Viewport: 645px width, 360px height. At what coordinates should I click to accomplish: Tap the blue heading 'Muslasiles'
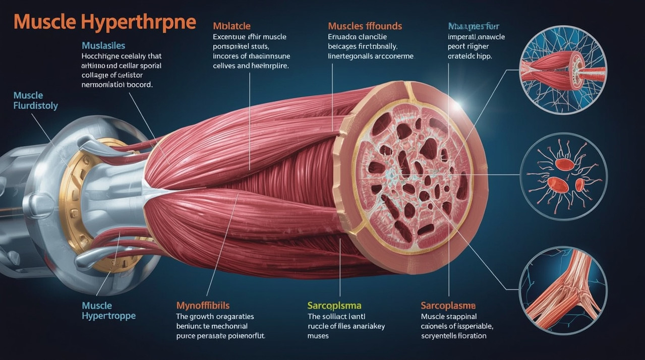[x=103, y=46]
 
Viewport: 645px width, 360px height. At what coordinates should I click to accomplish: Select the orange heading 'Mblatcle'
[x=231, y=26]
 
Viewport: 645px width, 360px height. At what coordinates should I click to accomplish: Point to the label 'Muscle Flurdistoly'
[x=35, y=101]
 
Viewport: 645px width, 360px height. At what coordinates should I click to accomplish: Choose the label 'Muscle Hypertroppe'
[x=108, y=311]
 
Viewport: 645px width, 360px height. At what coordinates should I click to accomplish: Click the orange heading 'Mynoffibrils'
[x=203, y=306]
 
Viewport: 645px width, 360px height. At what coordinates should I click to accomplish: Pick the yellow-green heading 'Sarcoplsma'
[x=334, y=306]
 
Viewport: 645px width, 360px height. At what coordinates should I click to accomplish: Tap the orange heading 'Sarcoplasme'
[x=448, y=306]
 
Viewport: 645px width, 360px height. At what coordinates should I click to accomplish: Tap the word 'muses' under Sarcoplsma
[x=318, y=336]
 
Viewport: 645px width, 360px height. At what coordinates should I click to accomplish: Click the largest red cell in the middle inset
[x=565, y=164]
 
